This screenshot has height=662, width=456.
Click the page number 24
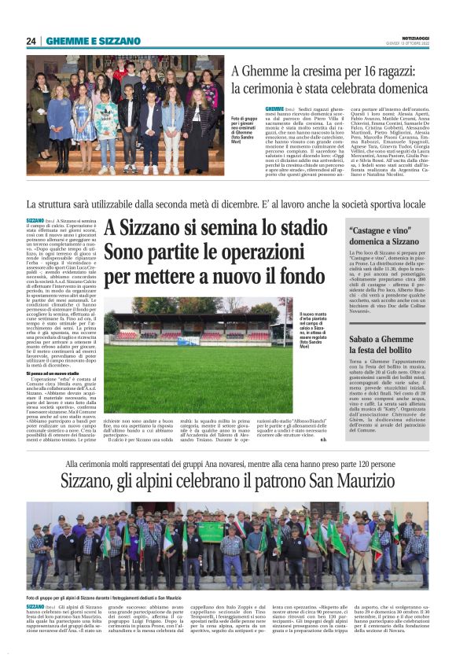31,41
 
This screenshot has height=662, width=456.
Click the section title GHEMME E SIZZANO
93,41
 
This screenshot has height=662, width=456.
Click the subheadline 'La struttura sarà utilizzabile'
227,204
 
